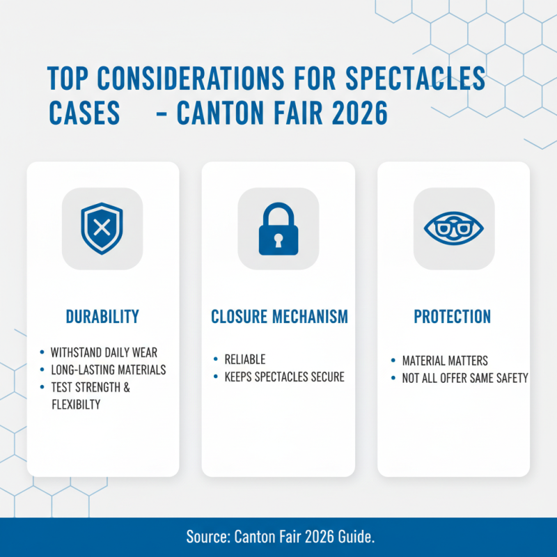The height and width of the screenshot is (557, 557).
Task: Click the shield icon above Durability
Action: coord(102,228)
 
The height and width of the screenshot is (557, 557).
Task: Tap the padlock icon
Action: coord(278,228)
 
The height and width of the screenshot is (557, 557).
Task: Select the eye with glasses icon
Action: coord(454,228)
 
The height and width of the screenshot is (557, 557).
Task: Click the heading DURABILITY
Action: coord(102,317)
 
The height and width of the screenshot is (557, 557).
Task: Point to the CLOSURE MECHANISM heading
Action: coord(278,317)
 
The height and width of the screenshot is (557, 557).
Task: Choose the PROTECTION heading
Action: coord(453,317)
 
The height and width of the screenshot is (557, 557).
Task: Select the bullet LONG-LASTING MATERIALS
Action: coord(108,370)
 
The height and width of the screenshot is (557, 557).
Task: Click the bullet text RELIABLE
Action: coord(244,360)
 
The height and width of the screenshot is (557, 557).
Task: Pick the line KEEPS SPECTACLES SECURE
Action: coord(284,377)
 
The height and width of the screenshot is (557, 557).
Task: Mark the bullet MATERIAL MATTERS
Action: coord(445,361)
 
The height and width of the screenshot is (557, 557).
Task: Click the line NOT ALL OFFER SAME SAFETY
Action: coord(465,378)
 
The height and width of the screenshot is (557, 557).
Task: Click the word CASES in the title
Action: coord(83,113)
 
